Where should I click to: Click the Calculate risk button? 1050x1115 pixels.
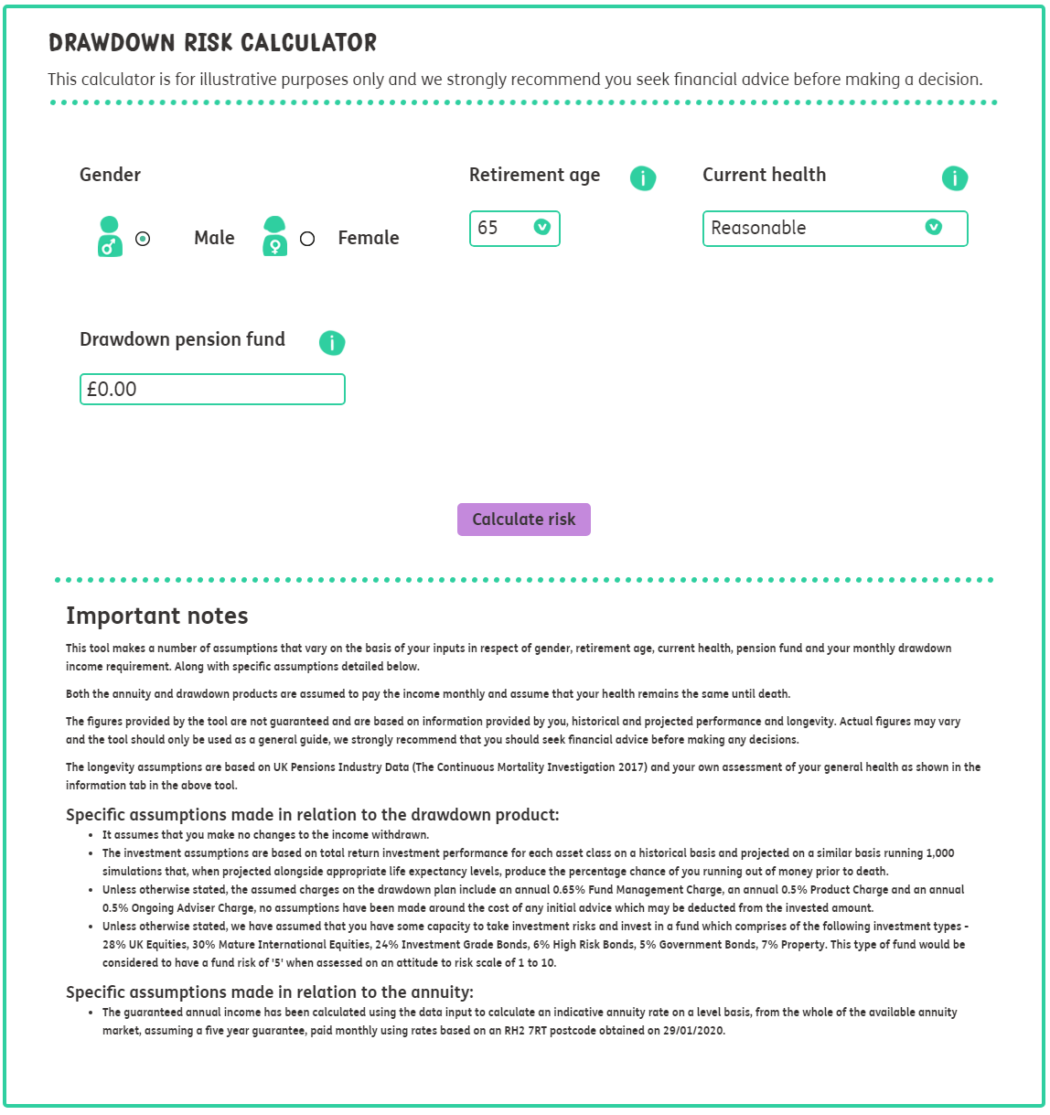(x=523, y=520)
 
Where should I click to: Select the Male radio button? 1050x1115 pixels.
(x=143, y=239)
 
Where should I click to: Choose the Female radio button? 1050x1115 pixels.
(x=307, y=239)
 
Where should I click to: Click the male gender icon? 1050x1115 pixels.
(x=110, y=237)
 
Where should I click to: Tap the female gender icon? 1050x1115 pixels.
(x=274, y=237)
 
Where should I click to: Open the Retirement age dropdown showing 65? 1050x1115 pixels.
(x=514, y=229)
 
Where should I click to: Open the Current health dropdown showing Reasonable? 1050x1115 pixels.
(x=834, y=229)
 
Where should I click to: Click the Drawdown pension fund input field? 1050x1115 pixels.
(x=212, y=390)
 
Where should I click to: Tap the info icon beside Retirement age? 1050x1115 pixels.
(x=643, y=178)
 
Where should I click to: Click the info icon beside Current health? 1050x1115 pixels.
(x=954, y=178)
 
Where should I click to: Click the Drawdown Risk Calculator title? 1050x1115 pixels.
(x=212, y=43)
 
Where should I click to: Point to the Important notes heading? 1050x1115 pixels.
(x=157, y=616)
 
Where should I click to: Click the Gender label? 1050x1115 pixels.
(x=110, y=175)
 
